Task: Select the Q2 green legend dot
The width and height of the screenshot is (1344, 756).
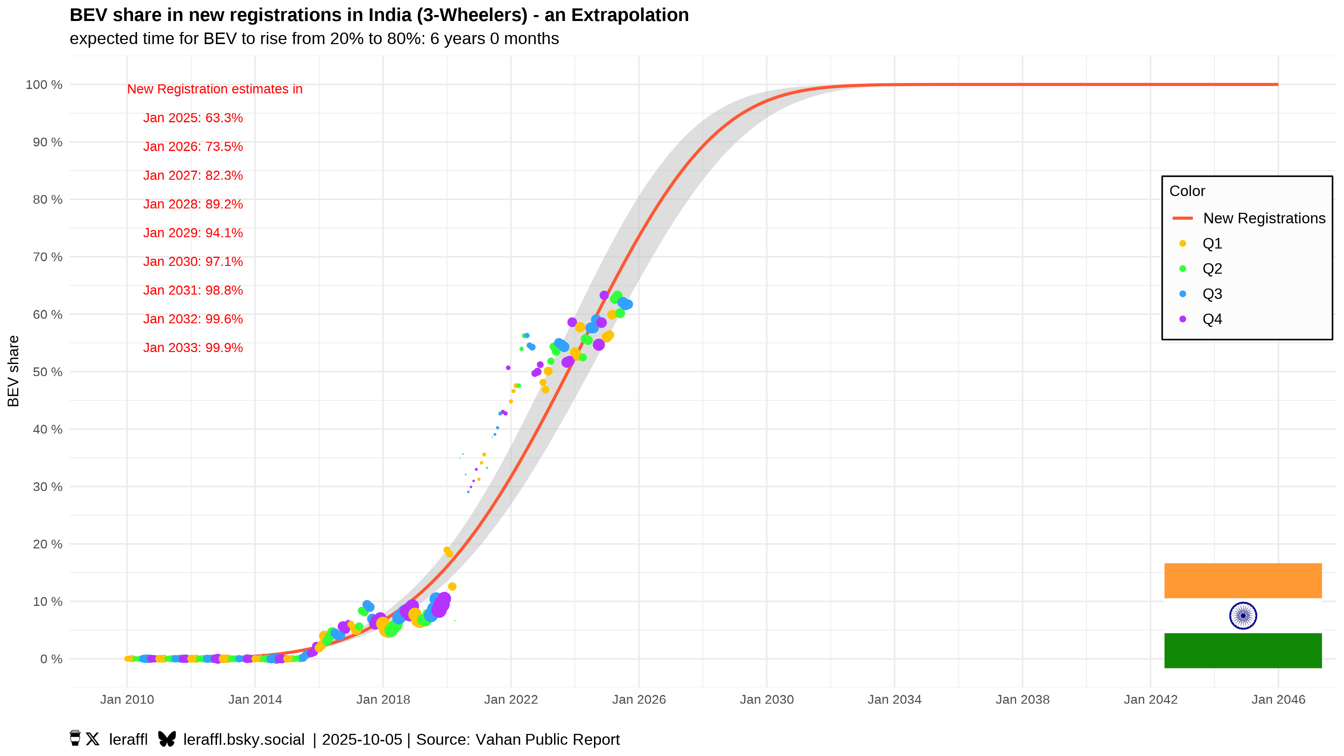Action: pos(1183,269)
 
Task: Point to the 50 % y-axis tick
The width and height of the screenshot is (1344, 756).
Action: pos(48,372)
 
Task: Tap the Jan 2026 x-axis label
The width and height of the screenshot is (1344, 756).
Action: pos(639,700)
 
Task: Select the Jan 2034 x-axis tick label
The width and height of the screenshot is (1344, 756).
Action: pos(894,700)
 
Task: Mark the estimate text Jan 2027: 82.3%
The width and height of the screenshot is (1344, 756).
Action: pos(193,175)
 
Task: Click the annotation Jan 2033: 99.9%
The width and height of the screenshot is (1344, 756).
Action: pos(193,348)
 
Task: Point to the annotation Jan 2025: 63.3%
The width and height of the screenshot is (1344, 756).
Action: pos(193,118)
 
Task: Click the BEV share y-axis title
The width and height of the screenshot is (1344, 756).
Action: pos(13,371)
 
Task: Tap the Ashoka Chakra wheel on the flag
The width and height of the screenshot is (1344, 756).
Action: pos(1243,616)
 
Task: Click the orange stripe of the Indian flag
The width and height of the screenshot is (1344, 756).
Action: pos(1243,581)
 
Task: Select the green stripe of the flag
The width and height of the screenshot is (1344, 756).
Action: pos(1243,651)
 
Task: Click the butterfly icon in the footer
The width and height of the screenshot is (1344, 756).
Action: pos(167,739)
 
